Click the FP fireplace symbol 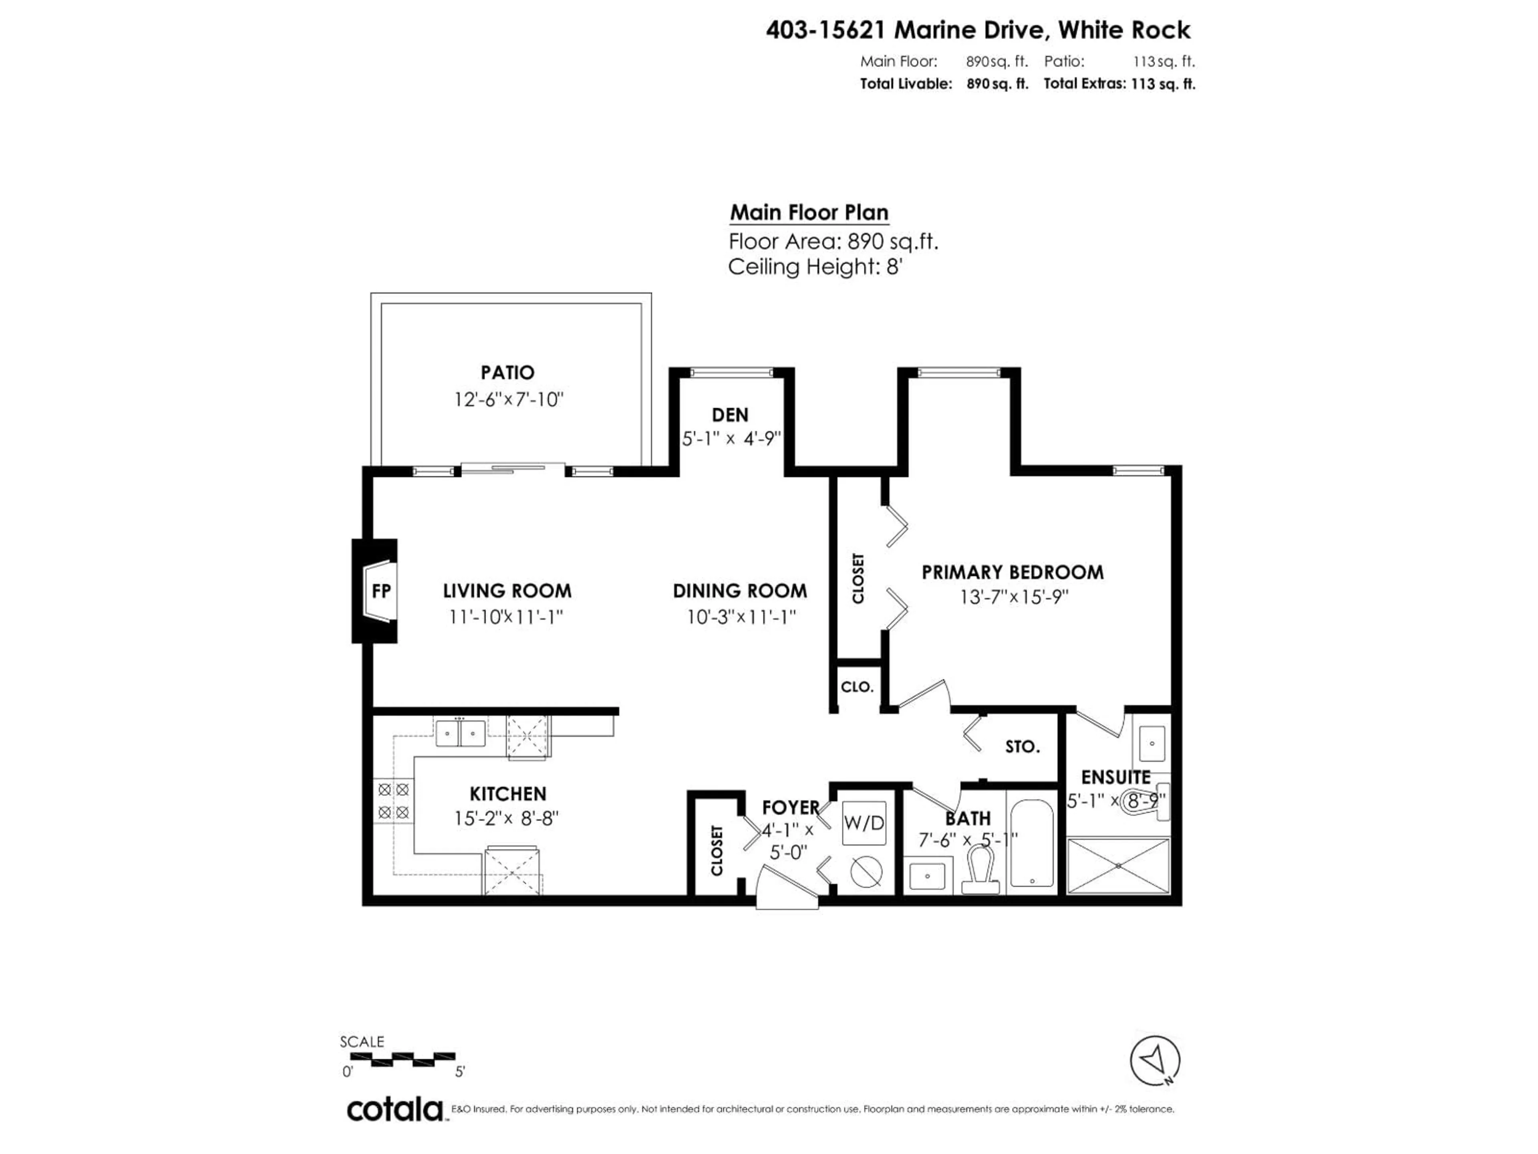(x=380, y=591)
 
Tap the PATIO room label (x=507, y=373)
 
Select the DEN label (x=730, y=415)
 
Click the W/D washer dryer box (x=864, y=823)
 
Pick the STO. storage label (x=1022, y=747)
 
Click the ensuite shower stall (x=1118, y=865)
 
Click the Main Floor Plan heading (x=809, y=212)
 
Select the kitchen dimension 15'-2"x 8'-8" (x=506, y=819)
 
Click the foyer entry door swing (x=787, y=888)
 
